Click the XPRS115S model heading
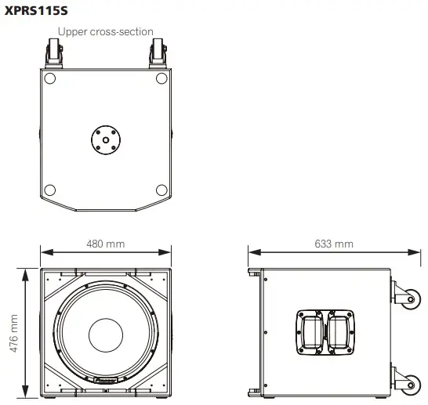point(36,11)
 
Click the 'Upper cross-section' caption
point(105,32)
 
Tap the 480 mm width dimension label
point(105,244)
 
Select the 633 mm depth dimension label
point(333,244)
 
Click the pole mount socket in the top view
point(105,139)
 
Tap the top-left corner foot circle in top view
point(49,78)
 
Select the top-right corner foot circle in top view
point(161,78)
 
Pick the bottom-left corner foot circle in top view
point(49,190)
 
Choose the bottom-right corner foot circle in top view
point(161,190)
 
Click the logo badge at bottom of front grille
point(106,384)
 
